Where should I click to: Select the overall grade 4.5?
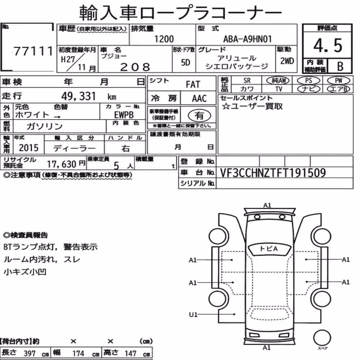click(328, 45)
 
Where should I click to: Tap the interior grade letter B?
click(340, 66)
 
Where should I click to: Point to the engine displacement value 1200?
click(164, 39)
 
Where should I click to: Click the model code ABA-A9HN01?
click(247, 39)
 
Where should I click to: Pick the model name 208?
click(135, 67)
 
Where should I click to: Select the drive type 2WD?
click(287, 61)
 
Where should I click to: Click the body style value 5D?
click(185, 62)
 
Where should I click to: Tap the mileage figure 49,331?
click(78, 96)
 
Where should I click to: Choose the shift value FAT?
click(193, 85)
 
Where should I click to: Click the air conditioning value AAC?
click(199, 99)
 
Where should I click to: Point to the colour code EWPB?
click(124, 115)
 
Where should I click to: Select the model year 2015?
click(28, 148)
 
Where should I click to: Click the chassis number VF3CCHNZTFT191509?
click(273, 173)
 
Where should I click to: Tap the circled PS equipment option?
click(309, 81)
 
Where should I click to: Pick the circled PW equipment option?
click(339, 81)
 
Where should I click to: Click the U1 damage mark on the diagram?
click(193, 314)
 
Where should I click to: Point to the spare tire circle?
click(322, 338)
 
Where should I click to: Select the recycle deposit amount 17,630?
click(62, 164)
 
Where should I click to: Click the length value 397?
click(30, 354)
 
